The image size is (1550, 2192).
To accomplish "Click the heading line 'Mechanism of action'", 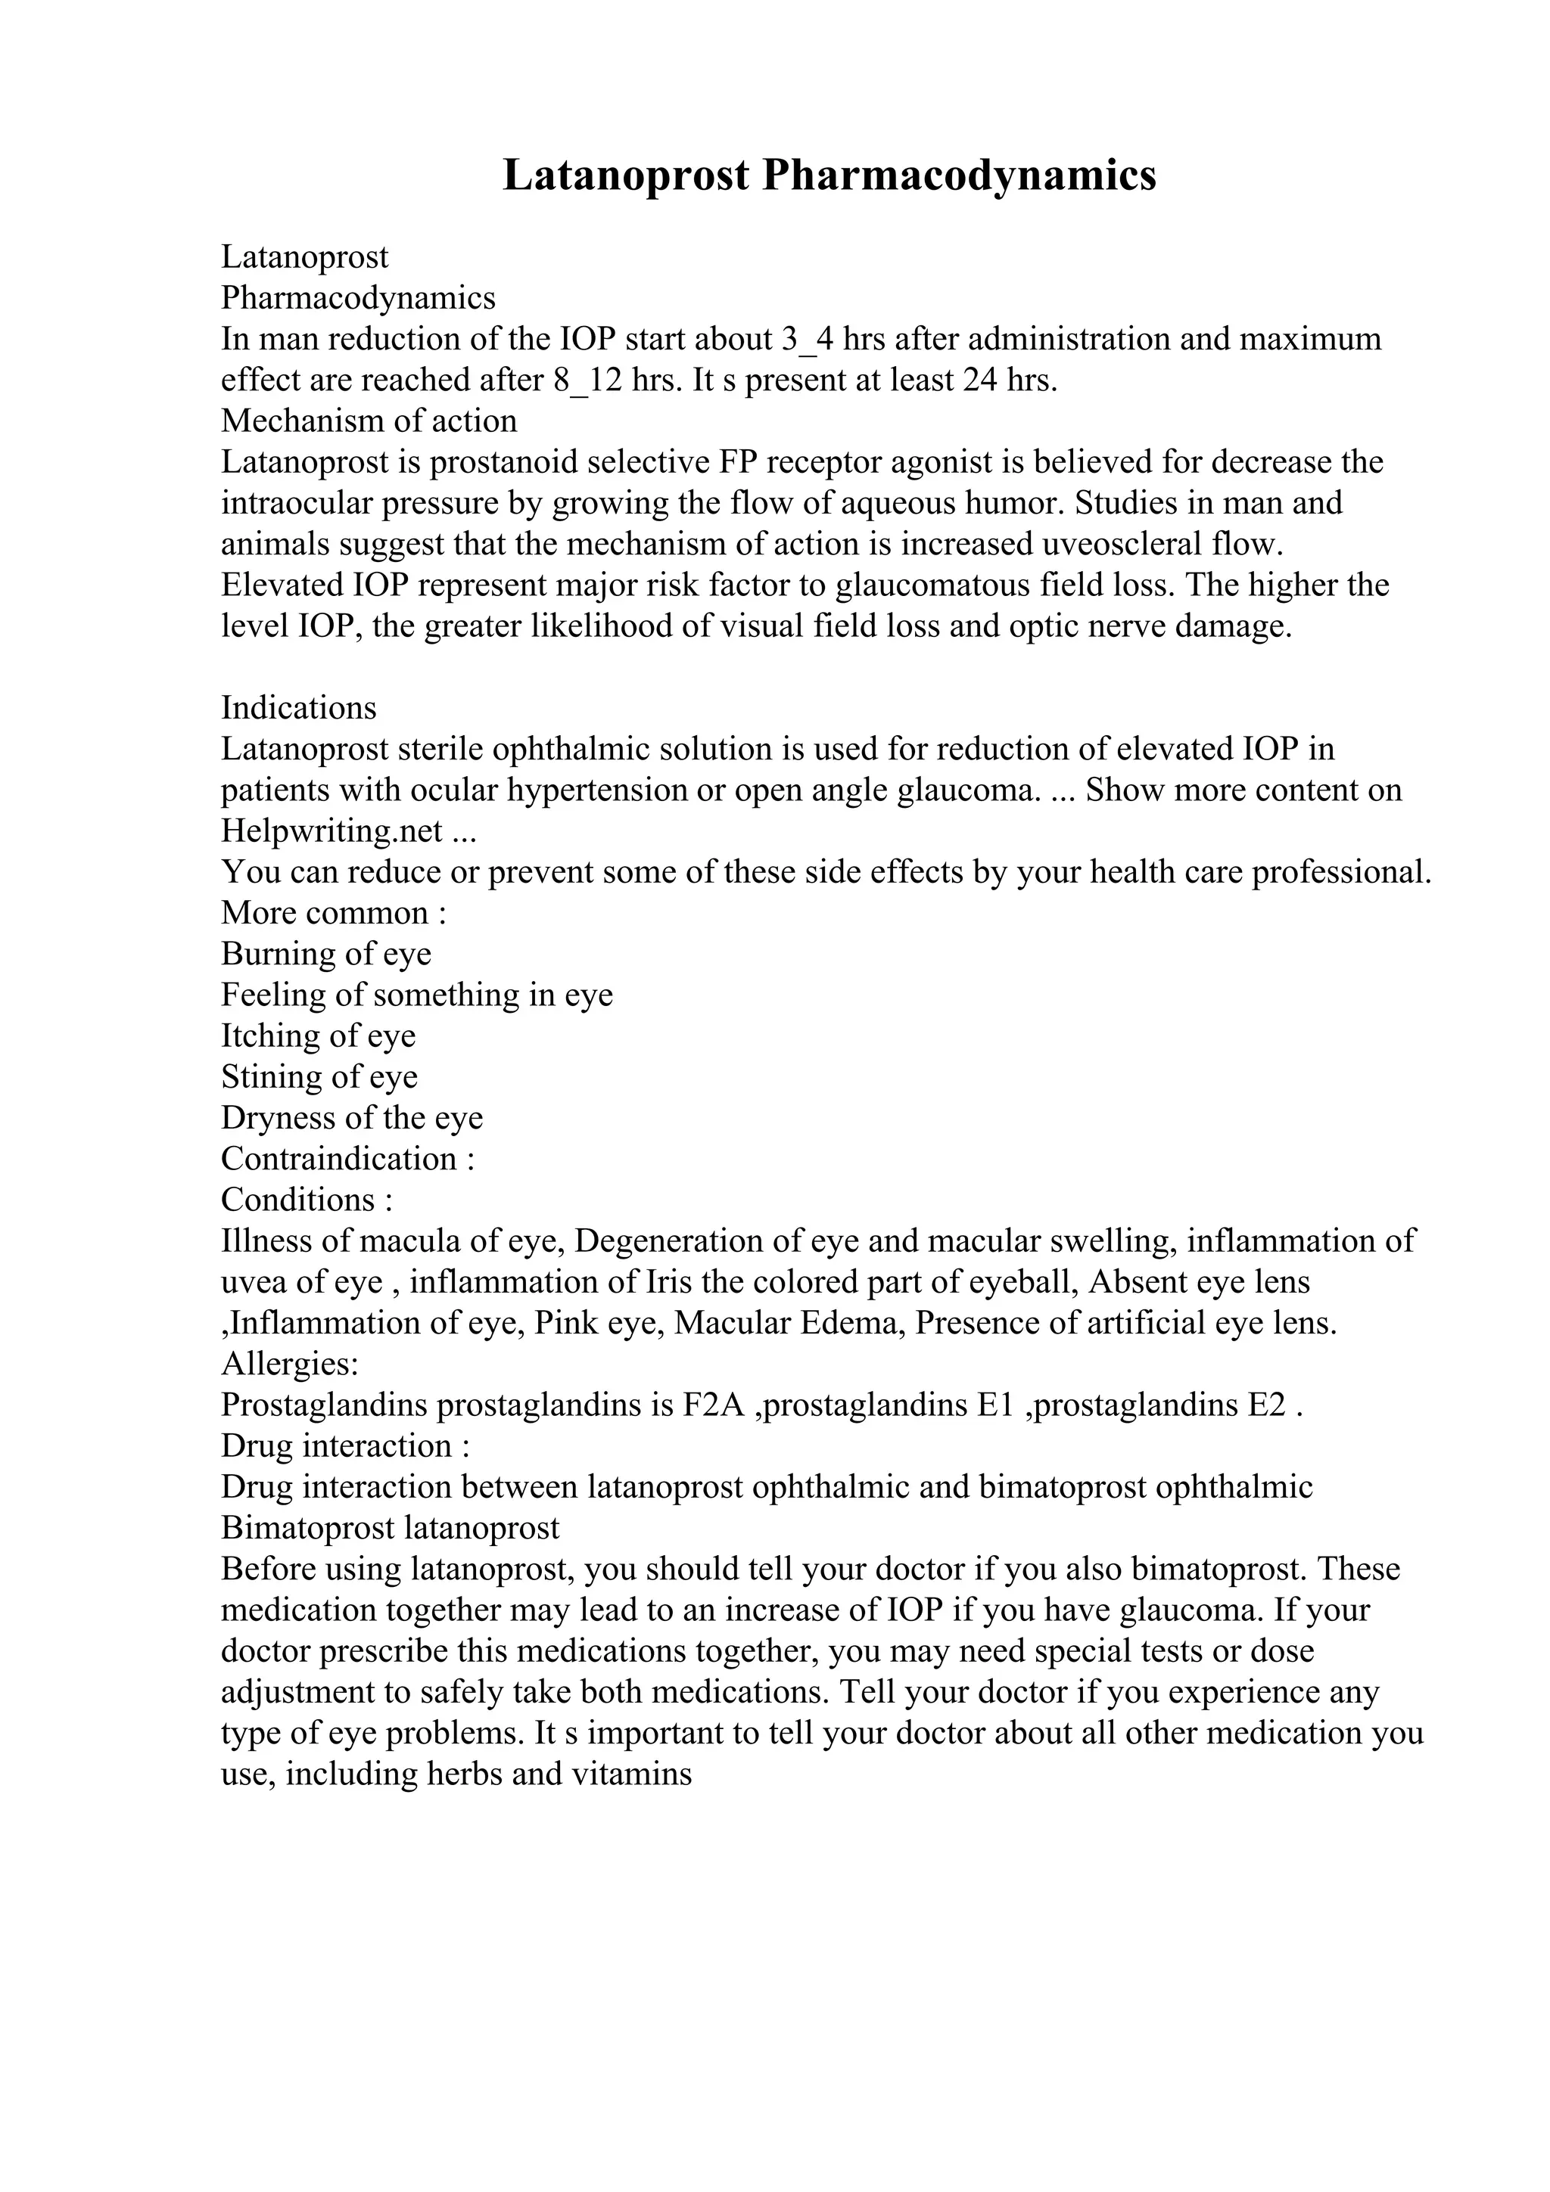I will tap(369, 421).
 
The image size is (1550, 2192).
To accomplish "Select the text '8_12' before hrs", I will tap(587, 380).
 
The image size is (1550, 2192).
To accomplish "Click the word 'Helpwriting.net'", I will tap(331, 831).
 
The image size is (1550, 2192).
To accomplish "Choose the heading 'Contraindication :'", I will tap(347, 1159).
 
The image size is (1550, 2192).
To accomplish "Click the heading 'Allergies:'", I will tap(289, 1365).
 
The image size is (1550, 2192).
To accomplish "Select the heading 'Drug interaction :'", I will tap(345, 1446).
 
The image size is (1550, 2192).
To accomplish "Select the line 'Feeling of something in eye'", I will tap(416, 995).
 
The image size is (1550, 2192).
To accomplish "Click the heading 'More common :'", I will tap(333, 913).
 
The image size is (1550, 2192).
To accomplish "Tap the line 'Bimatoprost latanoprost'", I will tap(390, 1529).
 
